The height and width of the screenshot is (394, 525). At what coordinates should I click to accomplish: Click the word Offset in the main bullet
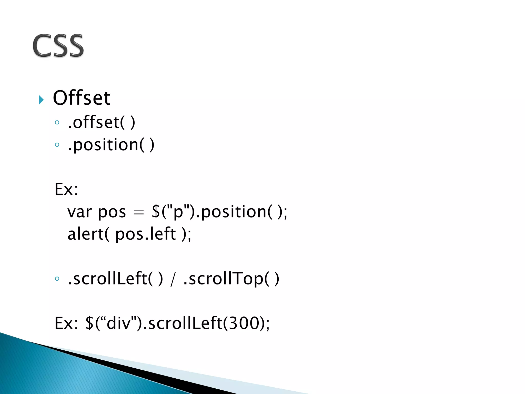pyautogui.click(x=81, y=98)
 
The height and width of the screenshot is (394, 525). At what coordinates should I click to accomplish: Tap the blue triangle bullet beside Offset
pyautogui.click(x=41, y=100)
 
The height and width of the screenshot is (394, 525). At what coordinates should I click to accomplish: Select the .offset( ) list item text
pyautogui.click(x=101, y=122)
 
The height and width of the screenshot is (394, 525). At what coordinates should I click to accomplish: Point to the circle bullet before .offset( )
pyautogui.click(x=57, y=123)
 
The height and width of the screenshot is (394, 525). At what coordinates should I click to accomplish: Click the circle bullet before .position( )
pyautogui.click(x=57, y=145)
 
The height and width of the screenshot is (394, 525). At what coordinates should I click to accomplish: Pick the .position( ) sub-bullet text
pyautogui.click(x=111, y=145)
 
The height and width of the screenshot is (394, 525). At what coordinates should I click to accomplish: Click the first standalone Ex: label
pyautogui.click(x=66, y=190)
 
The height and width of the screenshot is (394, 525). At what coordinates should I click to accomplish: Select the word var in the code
pyautogui.click(x=79, y=212)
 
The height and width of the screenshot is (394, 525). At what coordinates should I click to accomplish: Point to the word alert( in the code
pyautogui.click(x=88, y=234)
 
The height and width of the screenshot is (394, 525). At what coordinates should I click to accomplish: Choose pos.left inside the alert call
pyautogui.click(x=145, y=234)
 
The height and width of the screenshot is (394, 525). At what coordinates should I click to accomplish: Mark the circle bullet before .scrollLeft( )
pyautogui.click(x=57, y=279)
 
